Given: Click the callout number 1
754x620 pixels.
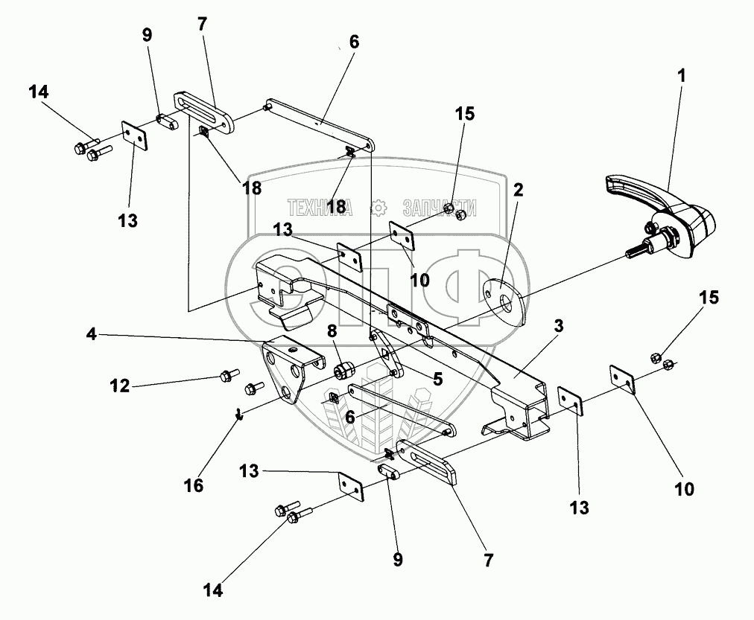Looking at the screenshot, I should (682, 75).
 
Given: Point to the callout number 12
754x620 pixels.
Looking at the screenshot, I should (120, 386).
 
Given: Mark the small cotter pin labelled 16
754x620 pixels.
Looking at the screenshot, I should (238, 414).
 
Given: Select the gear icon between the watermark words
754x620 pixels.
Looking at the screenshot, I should (378, 208).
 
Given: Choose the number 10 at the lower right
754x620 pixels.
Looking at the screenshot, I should (684, 490).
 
